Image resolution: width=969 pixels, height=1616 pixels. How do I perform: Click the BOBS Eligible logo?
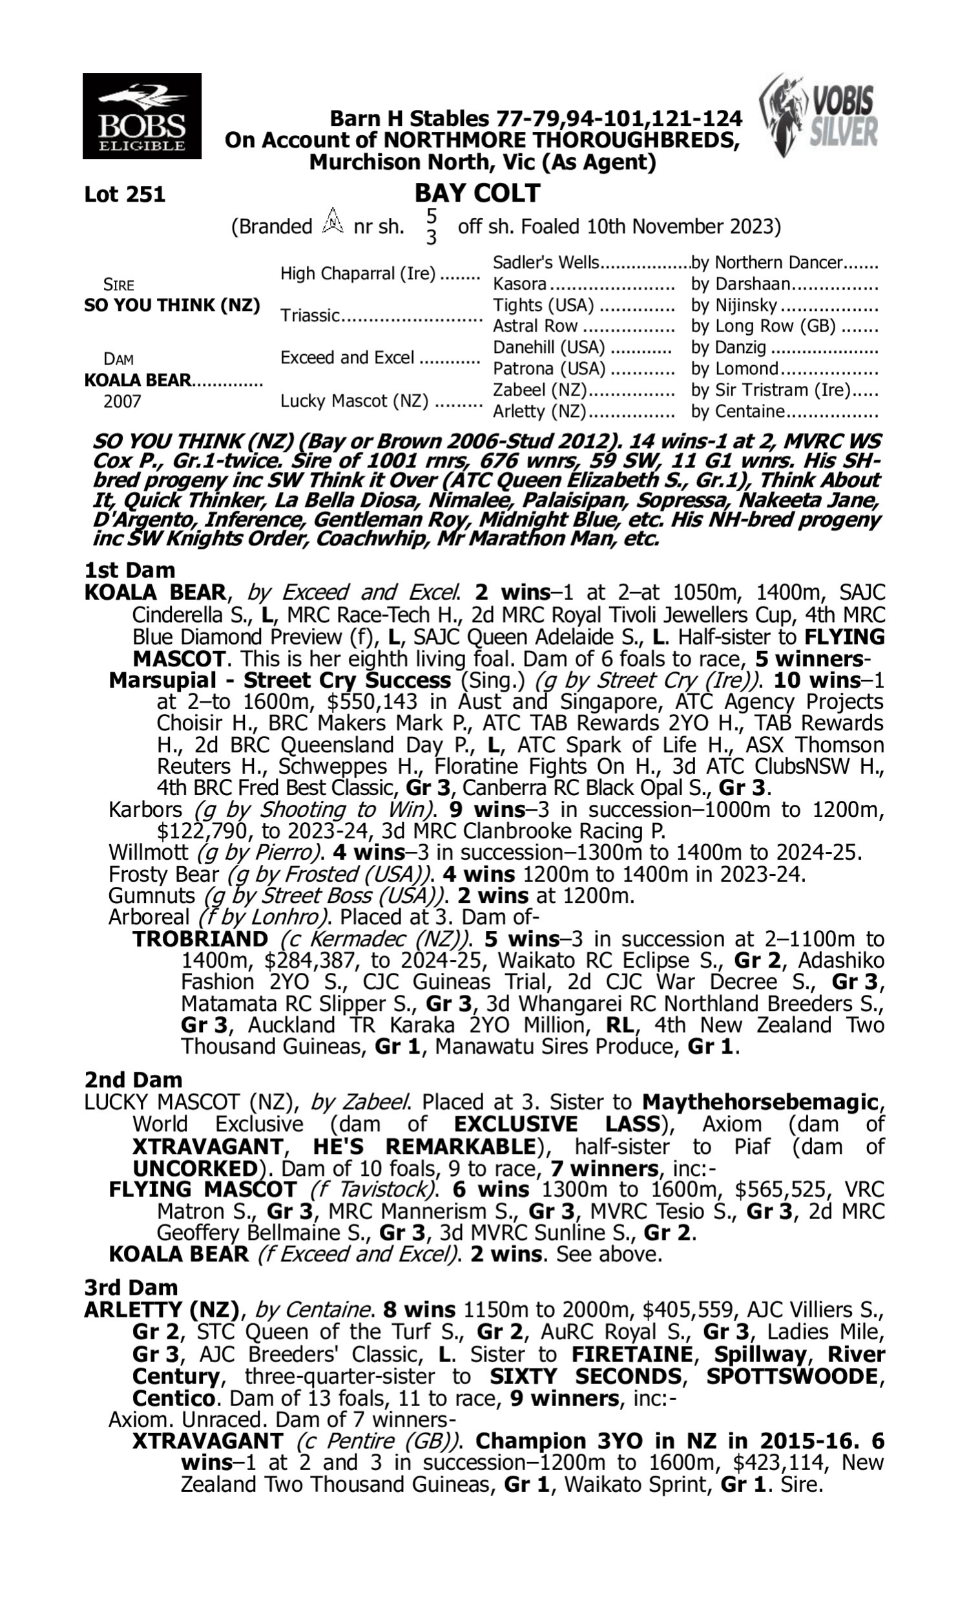coord(141,116)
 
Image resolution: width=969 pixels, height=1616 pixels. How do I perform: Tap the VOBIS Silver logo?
coord(818,116)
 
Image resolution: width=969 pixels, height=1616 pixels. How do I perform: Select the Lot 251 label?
coord(125,194)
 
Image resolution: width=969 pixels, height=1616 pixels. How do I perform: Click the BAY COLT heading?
coord(477,193)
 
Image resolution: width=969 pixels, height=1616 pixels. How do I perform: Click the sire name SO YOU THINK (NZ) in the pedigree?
coord(172,305)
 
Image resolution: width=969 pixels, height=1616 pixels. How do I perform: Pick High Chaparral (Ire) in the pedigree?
coord(358,273)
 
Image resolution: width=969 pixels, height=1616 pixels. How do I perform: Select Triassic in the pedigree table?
coord(311,315)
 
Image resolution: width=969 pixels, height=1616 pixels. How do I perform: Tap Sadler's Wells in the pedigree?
coord(545,262)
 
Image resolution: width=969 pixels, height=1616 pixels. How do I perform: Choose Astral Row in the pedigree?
coord(535,326)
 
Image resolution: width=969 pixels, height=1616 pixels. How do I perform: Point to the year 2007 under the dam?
coord(122,401)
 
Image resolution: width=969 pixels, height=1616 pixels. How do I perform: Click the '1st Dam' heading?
coord(129,570)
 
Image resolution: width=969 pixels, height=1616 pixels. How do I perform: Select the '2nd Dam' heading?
coord(132,1079)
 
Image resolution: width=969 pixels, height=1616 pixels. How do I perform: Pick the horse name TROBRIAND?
coord(200,939)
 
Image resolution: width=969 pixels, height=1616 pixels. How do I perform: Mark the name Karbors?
coord(145,809)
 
